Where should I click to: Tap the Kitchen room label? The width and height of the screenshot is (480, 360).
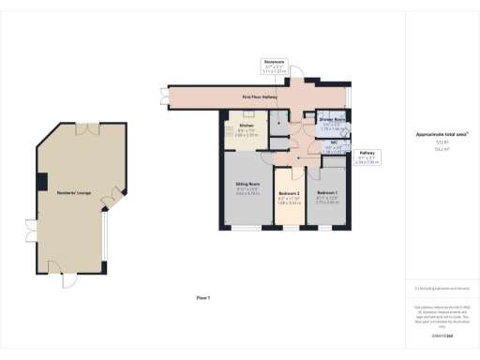[247, 126]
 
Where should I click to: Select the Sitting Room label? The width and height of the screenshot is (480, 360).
[247, 185]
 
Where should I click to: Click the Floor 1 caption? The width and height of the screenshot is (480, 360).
[203, 297]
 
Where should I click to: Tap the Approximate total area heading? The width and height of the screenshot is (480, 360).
[434, 135]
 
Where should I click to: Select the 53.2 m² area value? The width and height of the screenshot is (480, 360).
[434, 149]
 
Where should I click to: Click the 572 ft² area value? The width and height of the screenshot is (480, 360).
[434, 142]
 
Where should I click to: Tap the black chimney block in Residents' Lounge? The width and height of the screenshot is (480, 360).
[41, 180]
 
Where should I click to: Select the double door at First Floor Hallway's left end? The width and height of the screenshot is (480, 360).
[166, 96]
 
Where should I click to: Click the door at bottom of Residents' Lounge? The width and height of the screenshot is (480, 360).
[67, 279]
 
